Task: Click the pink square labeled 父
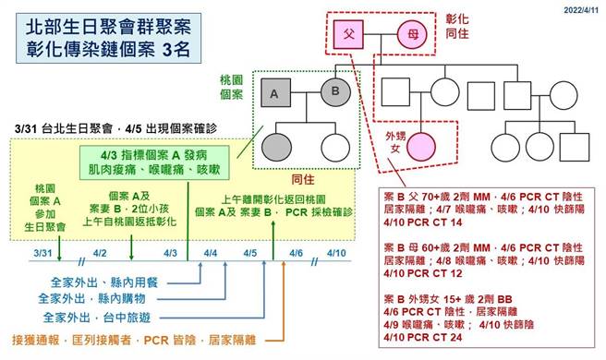(349, 33)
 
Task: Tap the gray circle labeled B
(334, 91)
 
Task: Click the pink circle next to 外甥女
(421, 147)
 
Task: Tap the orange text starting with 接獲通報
(137, 340)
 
